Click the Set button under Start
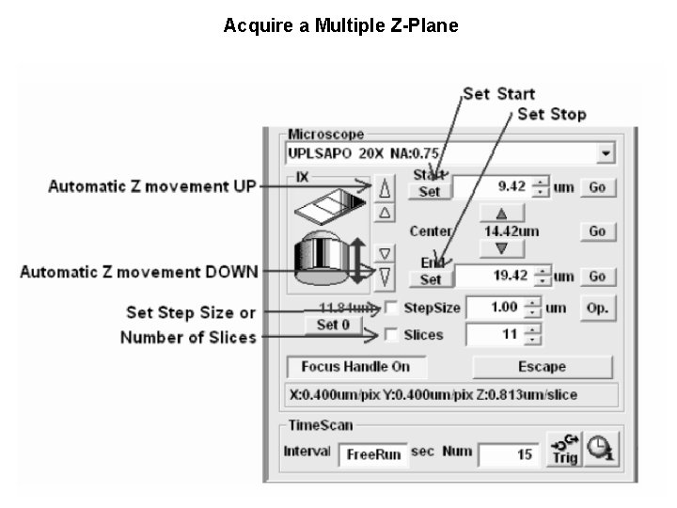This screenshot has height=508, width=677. [430, 191]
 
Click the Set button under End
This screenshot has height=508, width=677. [431, 279]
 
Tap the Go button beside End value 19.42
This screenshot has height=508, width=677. [597, 277]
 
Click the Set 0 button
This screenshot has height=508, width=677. [334, 325]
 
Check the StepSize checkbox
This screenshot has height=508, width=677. [391, 308]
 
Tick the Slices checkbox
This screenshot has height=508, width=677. [391, 335]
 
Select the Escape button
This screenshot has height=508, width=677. [542, 367]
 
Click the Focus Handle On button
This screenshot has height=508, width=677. [349, 367]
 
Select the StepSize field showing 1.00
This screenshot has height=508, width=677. [494, 308]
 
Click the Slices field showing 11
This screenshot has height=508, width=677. [494, 335]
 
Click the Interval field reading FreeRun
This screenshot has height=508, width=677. [373, 454]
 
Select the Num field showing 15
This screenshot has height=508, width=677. [507, 454]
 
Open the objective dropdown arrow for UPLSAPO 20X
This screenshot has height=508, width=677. [606, 152]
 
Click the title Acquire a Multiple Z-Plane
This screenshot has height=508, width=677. [340, 26]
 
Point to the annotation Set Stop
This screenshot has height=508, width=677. [551, 115]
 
